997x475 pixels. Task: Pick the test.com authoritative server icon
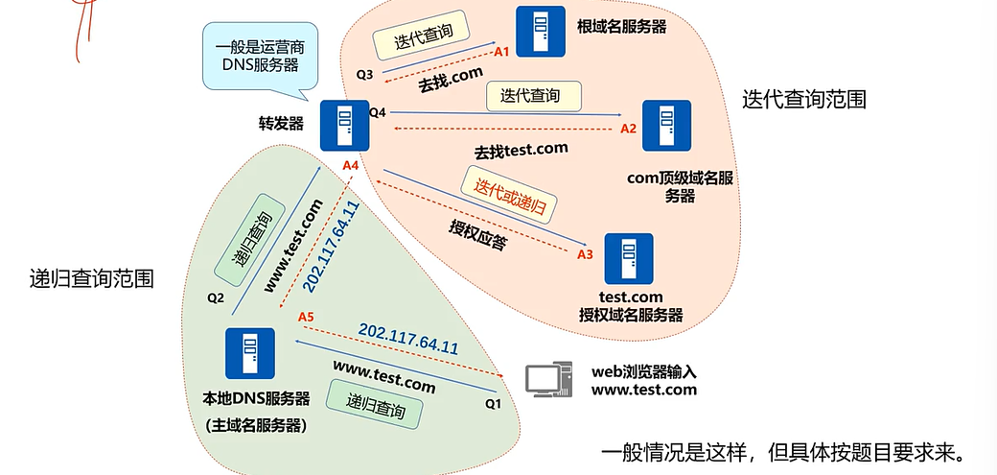coord(628,258)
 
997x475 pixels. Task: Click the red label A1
coord(500,52)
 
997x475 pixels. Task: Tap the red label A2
coord(628,128)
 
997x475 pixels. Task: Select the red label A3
coord(586,254)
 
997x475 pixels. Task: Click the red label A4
coord(351,166)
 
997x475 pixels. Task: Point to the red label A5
coord(306,317)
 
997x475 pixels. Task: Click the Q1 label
coord(493,404)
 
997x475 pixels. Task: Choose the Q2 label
coord(215,297)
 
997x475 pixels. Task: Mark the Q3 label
coord(364,74)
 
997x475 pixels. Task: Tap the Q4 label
coord(378,112)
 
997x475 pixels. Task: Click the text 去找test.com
coord(521,151)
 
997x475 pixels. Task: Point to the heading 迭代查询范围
coord(803,100)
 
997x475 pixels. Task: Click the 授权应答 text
coord(477,235)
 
